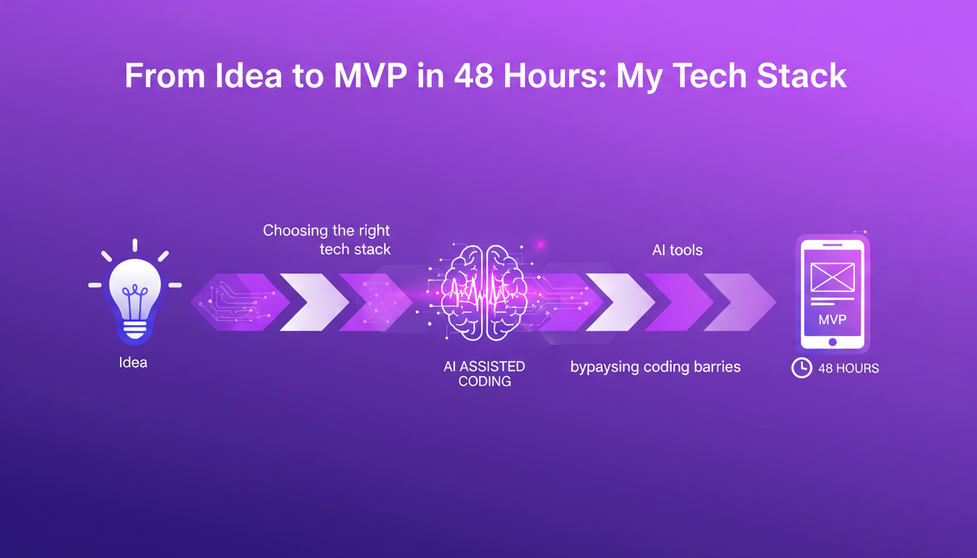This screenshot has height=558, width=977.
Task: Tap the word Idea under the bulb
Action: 133,362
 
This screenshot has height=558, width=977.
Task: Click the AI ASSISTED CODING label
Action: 484,373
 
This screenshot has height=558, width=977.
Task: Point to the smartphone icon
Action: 832,294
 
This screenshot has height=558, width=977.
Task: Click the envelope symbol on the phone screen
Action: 832,277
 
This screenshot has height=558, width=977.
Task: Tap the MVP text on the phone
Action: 832,320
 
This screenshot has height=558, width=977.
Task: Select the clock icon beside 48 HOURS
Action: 801,368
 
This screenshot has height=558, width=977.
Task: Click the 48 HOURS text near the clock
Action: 848,368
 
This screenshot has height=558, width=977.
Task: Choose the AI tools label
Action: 678,250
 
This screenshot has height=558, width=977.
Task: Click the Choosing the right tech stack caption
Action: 326,240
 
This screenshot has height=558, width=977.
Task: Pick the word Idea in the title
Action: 248,76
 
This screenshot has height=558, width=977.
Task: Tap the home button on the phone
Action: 832,341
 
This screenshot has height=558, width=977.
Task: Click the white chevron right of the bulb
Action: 313,302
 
